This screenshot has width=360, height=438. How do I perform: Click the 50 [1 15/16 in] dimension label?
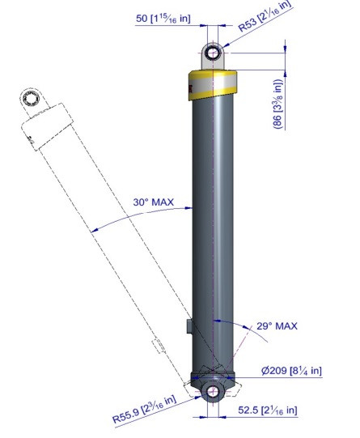163,19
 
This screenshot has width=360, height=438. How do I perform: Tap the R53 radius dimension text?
265,15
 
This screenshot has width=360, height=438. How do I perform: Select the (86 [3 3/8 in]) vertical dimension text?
278,104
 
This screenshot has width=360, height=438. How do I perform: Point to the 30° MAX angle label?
154,202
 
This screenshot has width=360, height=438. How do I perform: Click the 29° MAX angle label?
277,325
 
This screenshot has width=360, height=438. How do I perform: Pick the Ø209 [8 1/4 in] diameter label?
291,371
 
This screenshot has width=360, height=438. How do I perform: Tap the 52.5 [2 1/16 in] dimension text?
268,410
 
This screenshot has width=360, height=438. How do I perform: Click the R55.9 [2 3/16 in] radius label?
144,409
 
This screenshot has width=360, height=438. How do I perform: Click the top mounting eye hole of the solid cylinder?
213,53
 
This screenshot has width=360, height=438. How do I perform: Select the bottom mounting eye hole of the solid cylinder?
214,391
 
